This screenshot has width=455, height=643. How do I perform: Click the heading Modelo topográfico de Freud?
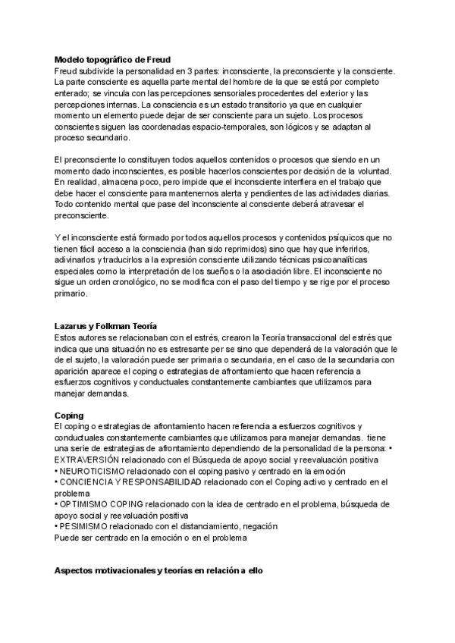[113, 59]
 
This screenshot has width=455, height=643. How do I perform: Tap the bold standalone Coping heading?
[69, 416]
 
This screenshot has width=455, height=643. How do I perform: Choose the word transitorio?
[249, 104]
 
